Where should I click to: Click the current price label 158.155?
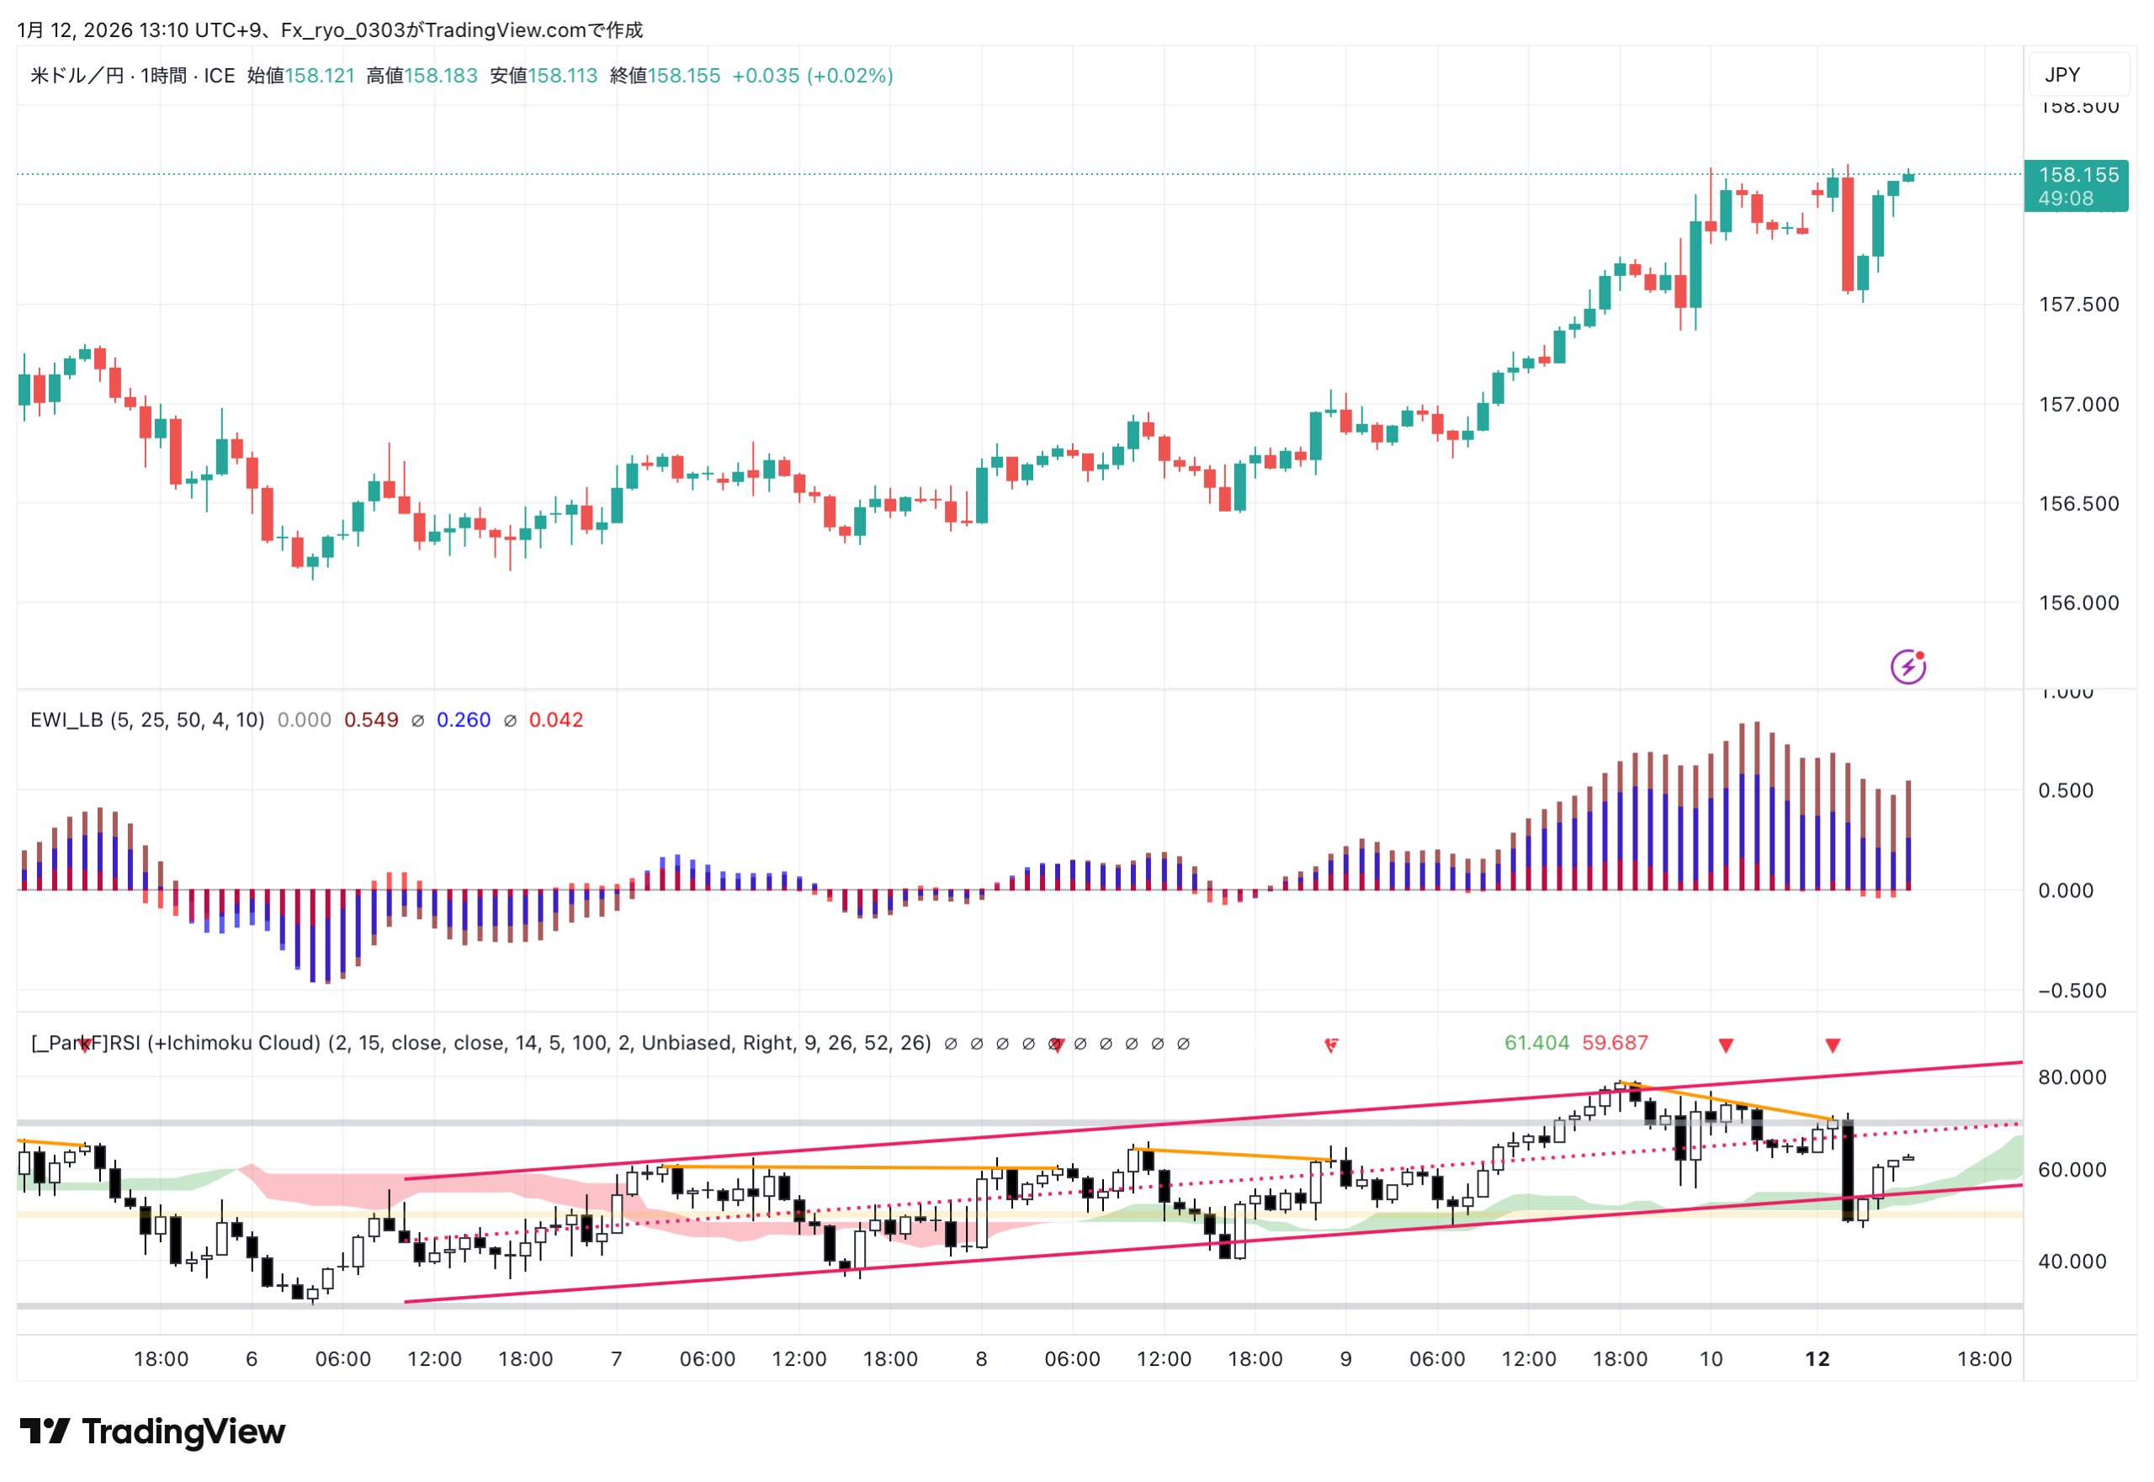[x=2078, y=174]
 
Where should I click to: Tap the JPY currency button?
[x=2062, y=75]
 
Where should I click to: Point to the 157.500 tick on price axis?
[x=2078, y=305]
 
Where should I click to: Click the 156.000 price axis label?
[x=2078, y=603]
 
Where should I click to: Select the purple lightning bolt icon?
[x=1907, y=667]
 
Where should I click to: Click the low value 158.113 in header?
[x=563, y=76]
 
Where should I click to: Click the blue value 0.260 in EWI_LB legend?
[x=464, y=720]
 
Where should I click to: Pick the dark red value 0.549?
[x=371, y=720]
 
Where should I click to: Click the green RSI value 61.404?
[x=1536, y=1044]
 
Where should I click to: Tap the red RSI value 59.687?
[x=1615, y=1044]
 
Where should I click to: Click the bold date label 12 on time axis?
[x=1817, y=1359]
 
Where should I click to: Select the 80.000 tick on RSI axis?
[x=2072, y=1078]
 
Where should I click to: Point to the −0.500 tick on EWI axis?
[x=2072, y=991]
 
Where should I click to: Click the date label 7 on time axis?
[x=616, y=1359]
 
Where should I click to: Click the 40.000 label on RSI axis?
[x=2072, y=1262]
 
